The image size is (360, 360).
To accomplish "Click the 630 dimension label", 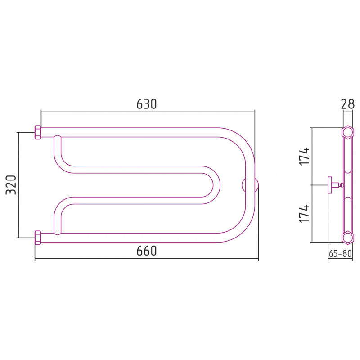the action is [147, 104].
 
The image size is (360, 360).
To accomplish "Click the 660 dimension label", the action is [147, 251].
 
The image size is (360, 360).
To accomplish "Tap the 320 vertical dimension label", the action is [11, 185].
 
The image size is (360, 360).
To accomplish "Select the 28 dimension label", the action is [348, 104].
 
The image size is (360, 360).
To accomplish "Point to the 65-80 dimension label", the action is [340, 253].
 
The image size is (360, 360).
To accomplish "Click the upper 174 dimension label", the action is [304, 156].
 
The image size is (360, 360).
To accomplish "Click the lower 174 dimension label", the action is [304, 213].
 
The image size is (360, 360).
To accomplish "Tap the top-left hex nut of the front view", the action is [38, 132].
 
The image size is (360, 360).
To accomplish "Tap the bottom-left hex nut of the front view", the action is [38, 238].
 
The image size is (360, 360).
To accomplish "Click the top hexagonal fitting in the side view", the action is [347, 133].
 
